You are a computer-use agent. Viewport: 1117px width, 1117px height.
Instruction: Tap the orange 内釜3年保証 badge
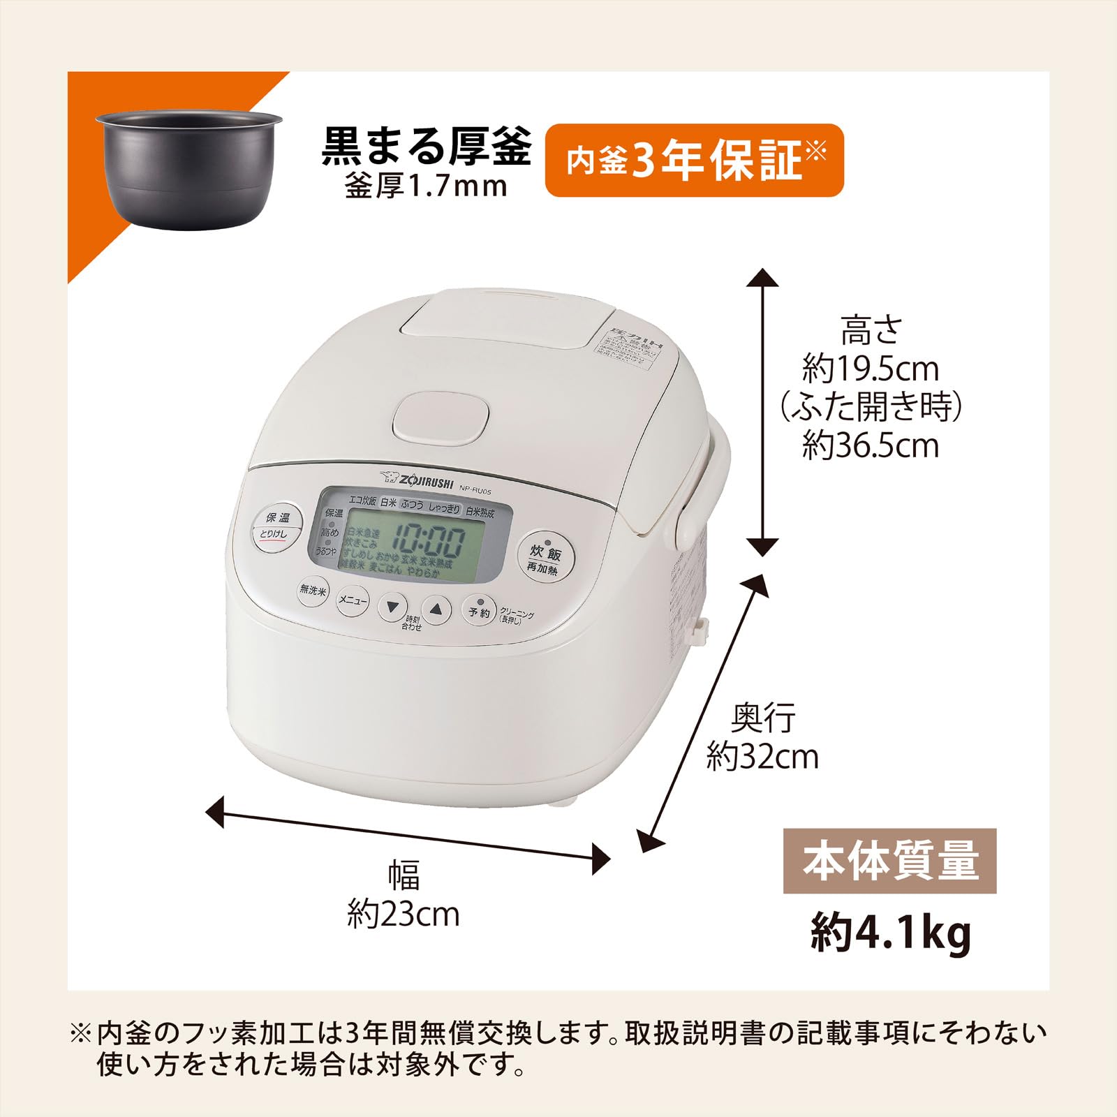[x=694, y=161]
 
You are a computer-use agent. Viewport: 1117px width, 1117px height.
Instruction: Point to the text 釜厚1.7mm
[x=426, y=186]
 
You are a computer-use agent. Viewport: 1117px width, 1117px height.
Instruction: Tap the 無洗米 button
[x=313, y=590]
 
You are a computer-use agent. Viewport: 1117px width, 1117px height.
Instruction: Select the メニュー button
[x=353, y=600]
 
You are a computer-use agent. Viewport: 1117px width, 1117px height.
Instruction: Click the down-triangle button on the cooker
[x=393, y=607]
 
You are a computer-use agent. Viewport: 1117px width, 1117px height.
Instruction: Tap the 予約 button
[x=479, y=611]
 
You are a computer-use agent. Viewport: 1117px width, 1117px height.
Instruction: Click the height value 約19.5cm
[x=871, y=369]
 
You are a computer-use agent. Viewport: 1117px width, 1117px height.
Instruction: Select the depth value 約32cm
[x=762, y=756]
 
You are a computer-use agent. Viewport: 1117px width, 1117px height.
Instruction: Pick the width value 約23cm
[x=404, y=914]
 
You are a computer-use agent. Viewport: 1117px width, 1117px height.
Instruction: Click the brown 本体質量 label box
[x=889, y=861]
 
